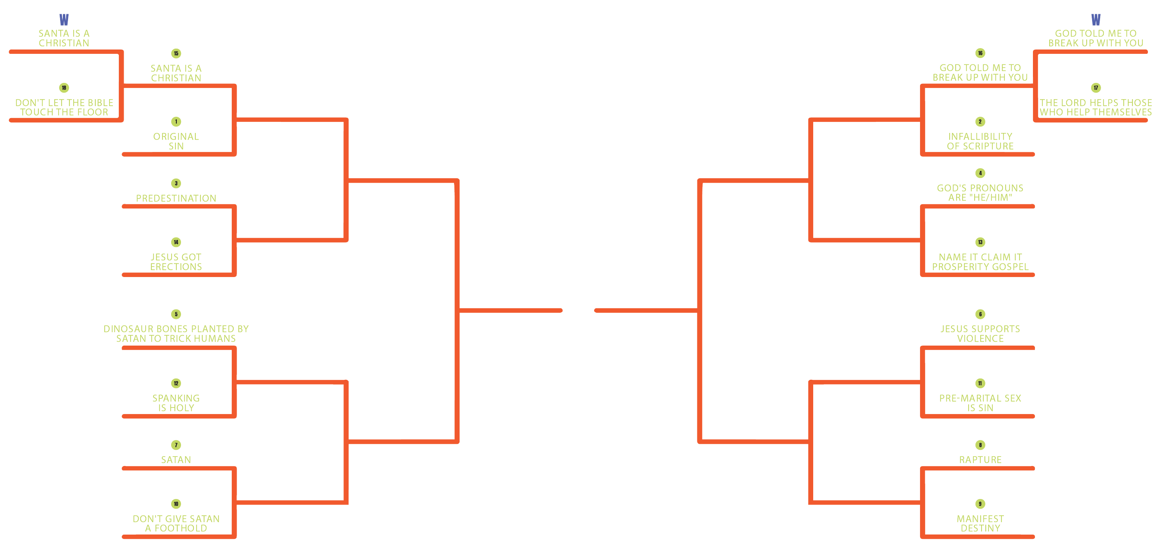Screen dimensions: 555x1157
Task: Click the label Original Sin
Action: [176, 141]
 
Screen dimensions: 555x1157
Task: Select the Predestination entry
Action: [176, 198]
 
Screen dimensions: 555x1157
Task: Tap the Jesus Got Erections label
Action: [176, 262]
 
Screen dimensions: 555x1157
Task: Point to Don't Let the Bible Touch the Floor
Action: [64, 107]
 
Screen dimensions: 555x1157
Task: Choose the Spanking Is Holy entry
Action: [176, 403]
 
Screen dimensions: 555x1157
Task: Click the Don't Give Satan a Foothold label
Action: [176, 523]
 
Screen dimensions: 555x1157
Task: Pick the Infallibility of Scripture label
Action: [980, 141]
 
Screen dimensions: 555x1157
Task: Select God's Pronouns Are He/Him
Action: [980, 193]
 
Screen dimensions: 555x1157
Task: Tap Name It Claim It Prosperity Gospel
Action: [980, 262]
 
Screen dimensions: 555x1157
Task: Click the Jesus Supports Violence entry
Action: [980, 334]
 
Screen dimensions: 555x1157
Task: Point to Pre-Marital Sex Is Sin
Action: [980, 403]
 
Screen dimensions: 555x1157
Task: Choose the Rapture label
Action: [980, 460]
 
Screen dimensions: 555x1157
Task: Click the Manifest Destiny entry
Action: [980, 523]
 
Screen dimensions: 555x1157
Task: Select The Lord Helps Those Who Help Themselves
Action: [1095, 107]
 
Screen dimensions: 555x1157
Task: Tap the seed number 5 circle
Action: [176, 314]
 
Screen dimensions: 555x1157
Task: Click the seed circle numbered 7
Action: [176, 445]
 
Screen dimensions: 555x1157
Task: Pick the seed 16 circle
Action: [980, 53]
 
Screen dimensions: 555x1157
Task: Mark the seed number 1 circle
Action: [176, 122]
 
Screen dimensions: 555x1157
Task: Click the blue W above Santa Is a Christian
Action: [64, 20]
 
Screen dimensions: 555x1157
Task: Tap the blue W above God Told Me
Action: [1095, 20]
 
